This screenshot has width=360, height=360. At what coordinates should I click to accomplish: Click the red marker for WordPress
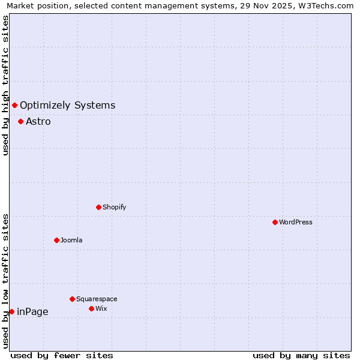(x=275, y=222)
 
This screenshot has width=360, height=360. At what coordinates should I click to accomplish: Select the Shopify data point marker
(x=98, y=207)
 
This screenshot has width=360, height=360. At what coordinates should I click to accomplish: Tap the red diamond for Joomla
(x=56, y=240)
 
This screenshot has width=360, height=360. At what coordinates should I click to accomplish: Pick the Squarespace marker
(x=72, y=299)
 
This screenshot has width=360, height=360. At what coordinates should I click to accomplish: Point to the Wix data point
(x=91, y=308)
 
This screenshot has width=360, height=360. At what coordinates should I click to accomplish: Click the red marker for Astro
(x=20, y=121)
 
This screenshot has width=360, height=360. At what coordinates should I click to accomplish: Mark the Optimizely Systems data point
(x=14, y=106)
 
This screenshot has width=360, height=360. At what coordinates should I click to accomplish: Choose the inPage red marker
(x=11, y=311)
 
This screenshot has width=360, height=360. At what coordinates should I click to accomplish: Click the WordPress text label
(x=296, y=222)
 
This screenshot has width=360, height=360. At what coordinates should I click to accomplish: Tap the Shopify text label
(x=114, y=207)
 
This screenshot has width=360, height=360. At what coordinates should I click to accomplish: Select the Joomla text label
(x=71, y=240)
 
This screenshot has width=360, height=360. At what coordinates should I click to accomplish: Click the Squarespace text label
(x=97, y=299)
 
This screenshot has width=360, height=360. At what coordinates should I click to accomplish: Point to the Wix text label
(x=101, y=308)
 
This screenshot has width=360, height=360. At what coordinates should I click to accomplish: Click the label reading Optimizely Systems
(x=67, y=106)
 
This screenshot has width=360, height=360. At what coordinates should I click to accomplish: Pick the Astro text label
(x=38, y=121)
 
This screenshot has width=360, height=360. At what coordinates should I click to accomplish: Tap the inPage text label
(x=32, y=311)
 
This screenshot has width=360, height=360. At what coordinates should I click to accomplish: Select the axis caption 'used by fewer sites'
(x=62, y=355)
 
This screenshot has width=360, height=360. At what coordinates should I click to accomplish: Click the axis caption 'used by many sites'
(x=301, y=355)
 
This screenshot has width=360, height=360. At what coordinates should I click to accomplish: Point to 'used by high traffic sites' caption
(x=5, y=85)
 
